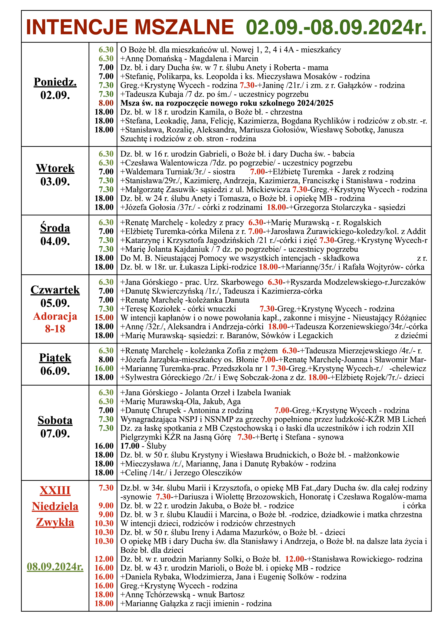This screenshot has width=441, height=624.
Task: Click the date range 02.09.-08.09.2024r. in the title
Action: tap(336, 27)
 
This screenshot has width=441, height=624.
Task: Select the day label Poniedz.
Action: tap(55, 82)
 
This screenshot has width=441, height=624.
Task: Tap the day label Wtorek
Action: tap(55, 168)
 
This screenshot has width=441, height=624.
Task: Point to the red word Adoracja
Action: tap(55, 316)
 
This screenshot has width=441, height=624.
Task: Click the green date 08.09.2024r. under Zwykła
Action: tap(55, 567)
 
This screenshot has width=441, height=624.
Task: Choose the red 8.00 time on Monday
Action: tap(106, 103)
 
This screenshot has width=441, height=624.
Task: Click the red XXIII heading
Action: tap(55, 491)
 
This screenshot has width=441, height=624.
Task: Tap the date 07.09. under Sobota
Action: tap(55, 433)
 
